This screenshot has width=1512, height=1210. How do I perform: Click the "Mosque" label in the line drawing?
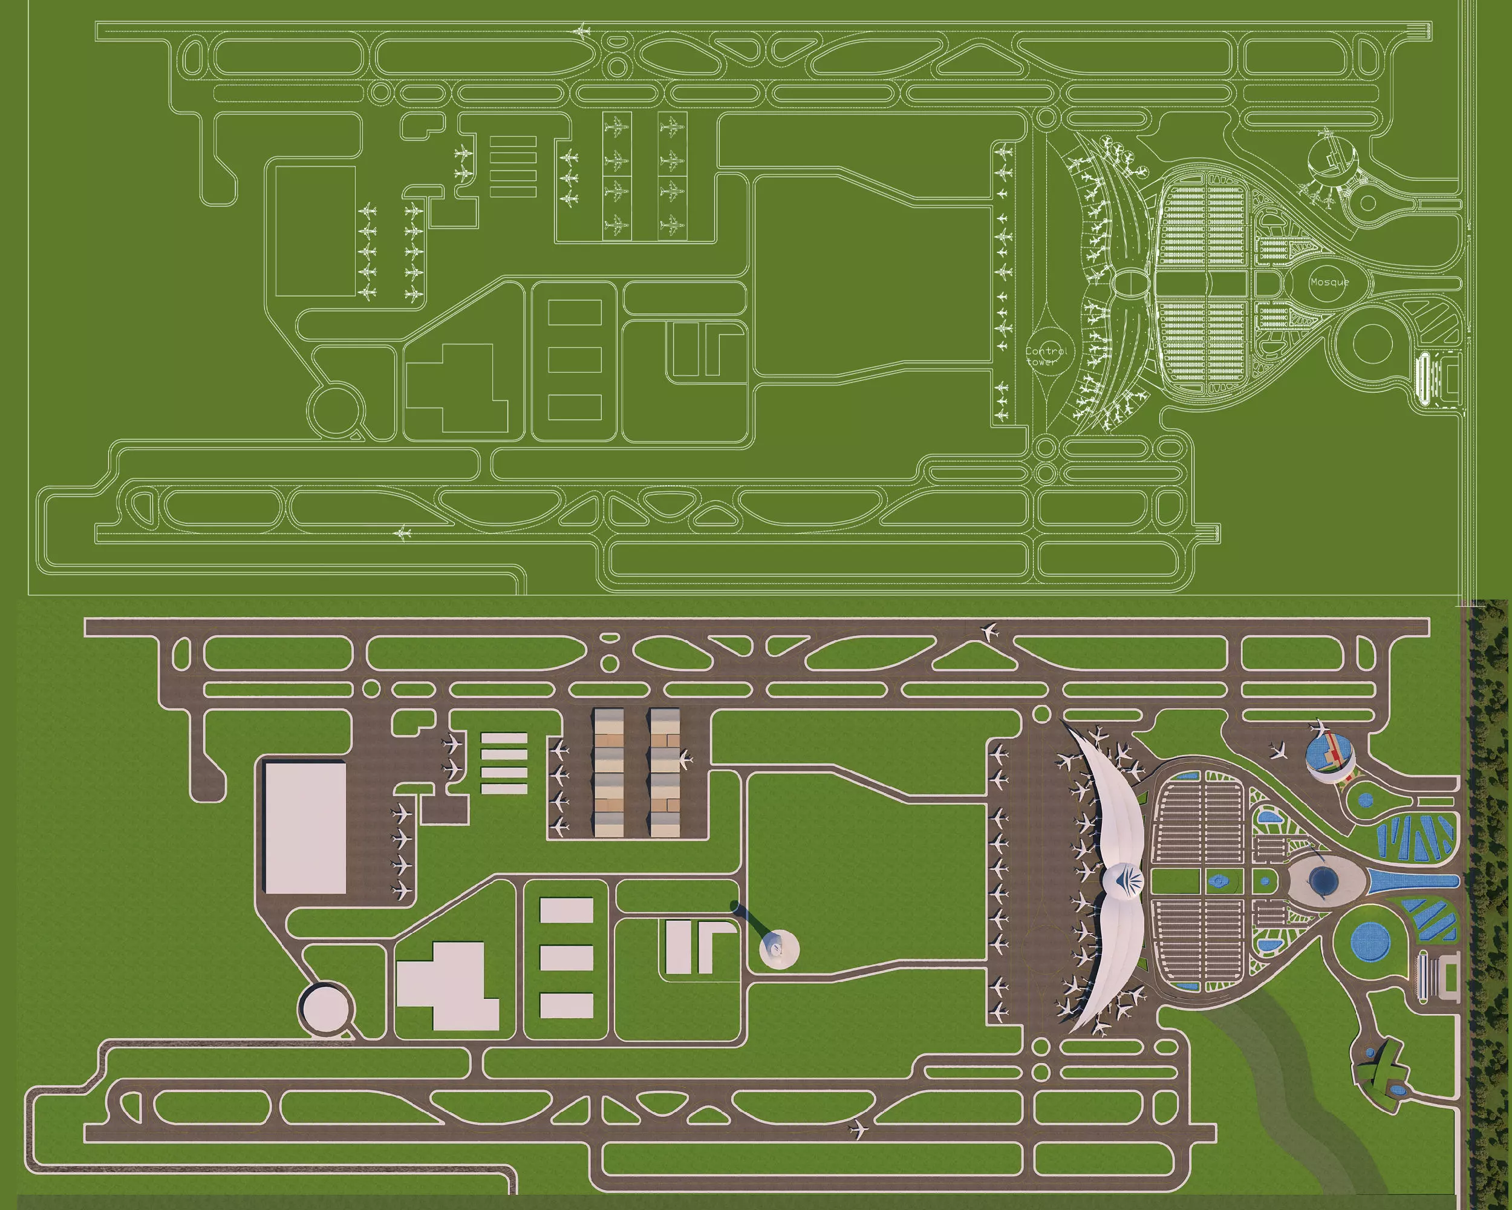click(x=1329, y=282)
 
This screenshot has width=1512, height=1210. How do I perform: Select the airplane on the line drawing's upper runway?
click(x=581, y=31)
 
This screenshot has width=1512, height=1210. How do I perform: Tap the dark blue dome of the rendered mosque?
click(x=1323, y=880)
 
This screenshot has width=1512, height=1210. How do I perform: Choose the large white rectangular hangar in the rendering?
click(x=305, y=828)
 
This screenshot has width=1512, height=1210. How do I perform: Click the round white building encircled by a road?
click(x=326, y=1009)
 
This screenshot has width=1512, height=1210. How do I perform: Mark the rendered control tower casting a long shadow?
click(x=778, y=949)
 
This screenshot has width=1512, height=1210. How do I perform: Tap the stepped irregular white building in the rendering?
click(x=449, y=985)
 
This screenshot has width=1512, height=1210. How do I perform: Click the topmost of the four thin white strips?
click(x=504, y=738)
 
